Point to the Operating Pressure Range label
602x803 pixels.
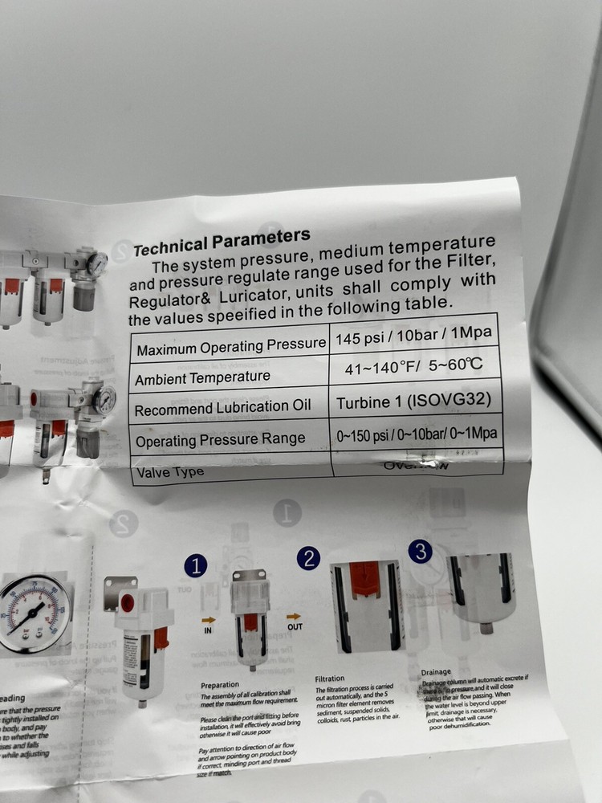pyautogui.click(x=221, y=439)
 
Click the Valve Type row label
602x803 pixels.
pyautogui.click(x=170, y=471)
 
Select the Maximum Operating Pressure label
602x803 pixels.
pyautogui.click(x=231, y=346)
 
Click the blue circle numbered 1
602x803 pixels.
pyautogui.click(x=196, y=566)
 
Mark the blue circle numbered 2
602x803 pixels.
pyautogui.click(x=309, y=558)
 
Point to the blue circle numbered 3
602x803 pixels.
pyautogui.click(x=421, y=552)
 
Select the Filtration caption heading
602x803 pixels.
pyautogui.click(x=332, y=679)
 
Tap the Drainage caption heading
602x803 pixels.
pyautogui.click(x=437, y=672)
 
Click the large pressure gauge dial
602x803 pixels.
pyautogui.click(x=32, y=614)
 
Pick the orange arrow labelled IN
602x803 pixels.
pyautogui.click(x=209, y=620)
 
